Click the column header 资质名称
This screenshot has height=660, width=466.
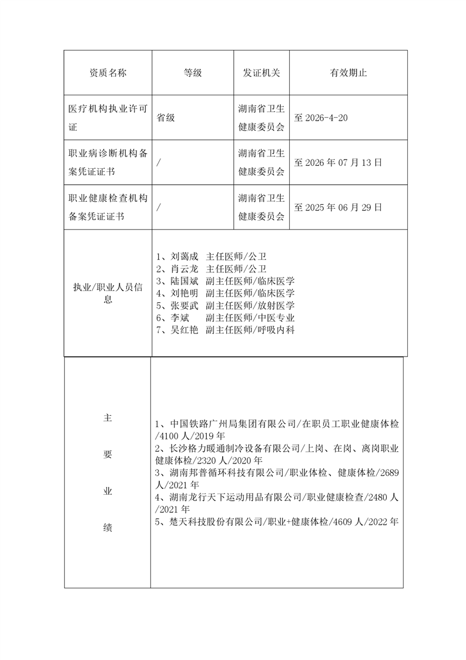pos(108,73)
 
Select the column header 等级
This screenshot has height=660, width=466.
pos(193,73)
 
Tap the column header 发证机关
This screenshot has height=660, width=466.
pos(262,73)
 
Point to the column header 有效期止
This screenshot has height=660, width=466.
pos(348,73)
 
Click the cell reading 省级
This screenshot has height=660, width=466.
pos(166,118)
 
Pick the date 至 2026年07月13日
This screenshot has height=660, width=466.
pos(338,162)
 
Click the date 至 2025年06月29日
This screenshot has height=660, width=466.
pos(338,207)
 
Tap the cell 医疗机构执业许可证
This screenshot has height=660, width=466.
pos(108,118)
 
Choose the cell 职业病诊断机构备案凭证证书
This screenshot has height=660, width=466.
pos(108,162)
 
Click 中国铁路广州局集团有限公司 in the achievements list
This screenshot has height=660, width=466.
pos(233,424)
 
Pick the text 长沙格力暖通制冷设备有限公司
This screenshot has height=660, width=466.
pos(233,448)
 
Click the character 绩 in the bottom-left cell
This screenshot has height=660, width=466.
pos(108,528)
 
